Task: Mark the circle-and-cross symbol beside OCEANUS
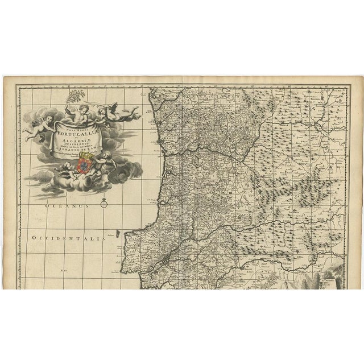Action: coord(104,202)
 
